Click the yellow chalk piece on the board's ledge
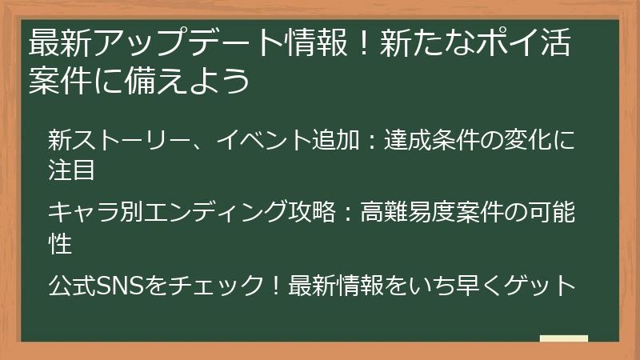tap(563, 339)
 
